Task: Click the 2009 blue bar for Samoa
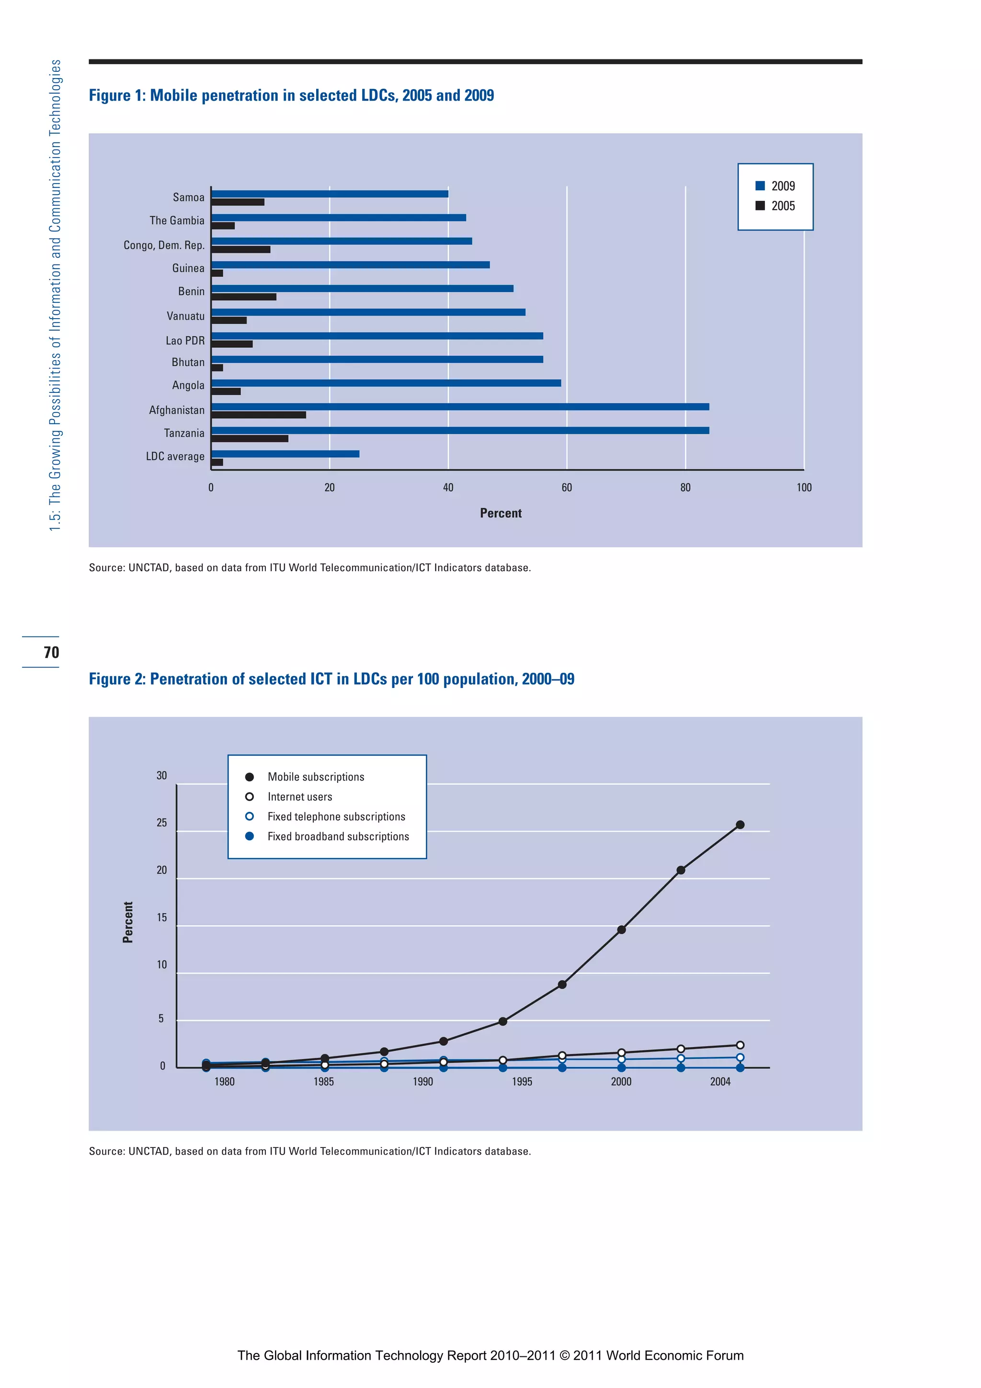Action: coord(330,194)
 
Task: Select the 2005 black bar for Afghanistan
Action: coord(259,415)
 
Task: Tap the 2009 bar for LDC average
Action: coord(285,454)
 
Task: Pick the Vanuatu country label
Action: coord(185,316)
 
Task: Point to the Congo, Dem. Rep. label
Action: coord(164,245)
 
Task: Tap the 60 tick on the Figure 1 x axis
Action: coord(566,487)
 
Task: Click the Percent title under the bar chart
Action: coord(501,513)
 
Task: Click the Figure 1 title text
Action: coord(291,95)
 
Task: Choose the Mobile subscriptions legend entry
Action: coord(316,777)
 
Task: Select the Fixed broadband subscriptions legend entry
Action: coord(338,836)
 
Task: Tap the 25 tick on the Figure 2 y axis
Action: coord(161,823)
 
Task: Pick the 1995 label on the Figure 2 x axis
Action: coord(522,1081)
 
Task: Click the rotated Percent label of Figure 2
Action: coord(127,922)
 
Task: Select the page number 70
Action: coord(51,652)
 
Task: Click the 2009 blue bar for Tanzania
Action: coord(459,430)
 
